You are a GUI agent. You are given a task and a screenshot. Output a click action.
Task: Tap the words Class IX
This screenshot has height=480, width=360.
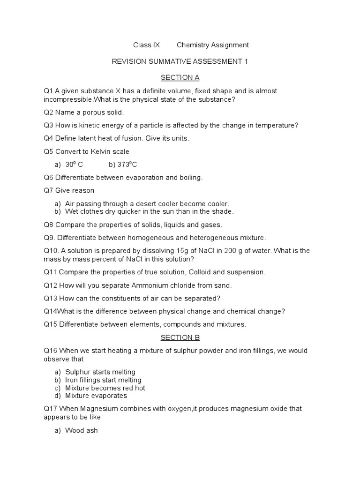[146, 45]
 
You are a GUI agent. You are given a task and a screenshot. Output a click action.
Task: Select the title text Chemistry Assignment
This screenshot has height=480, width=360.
[212, 45]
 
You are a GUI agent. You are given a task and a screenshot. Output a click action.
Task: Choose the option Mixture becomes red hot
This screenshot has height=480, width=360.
[105, 388]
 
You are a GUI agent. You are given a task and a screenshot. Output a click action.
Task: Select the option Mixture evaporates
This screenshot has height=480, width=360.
[96, 396]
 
